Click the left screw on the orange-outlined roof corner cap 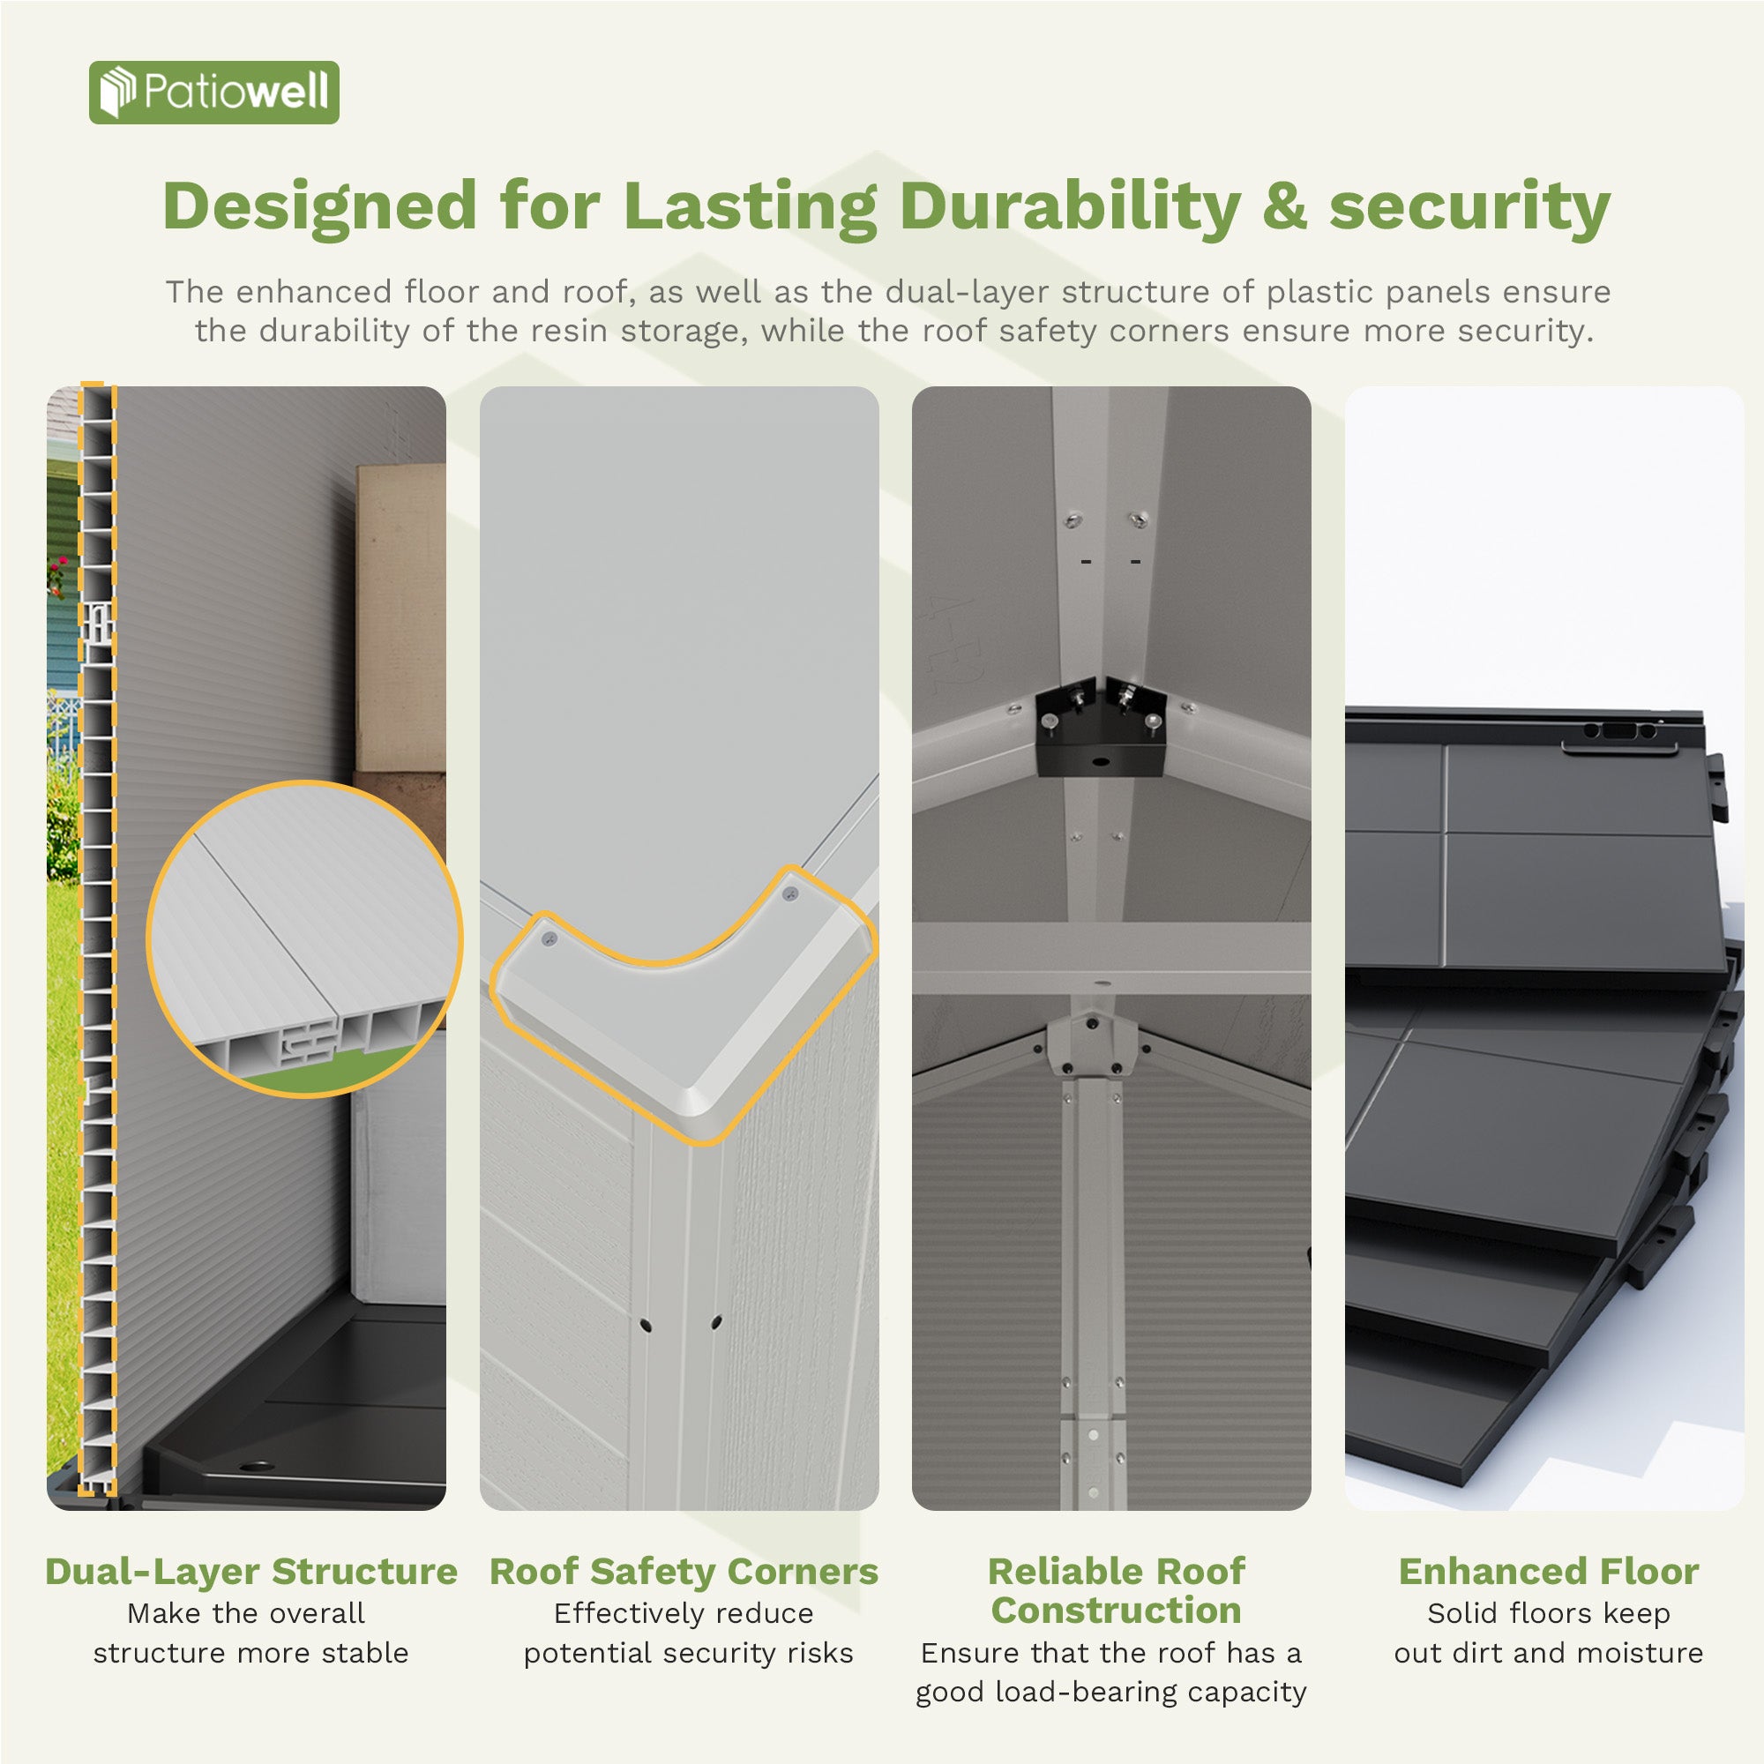(549, 938)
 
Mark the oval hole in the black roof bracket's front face (1099, 760)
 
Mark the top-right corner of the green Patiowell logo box (339, 62)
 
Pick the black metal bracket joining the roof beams (1100, 728)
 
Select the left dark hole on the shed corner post (646, 1325)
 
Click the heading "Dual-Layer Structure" (251, 1572)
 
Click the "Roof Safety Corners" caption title (684, 1572)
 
